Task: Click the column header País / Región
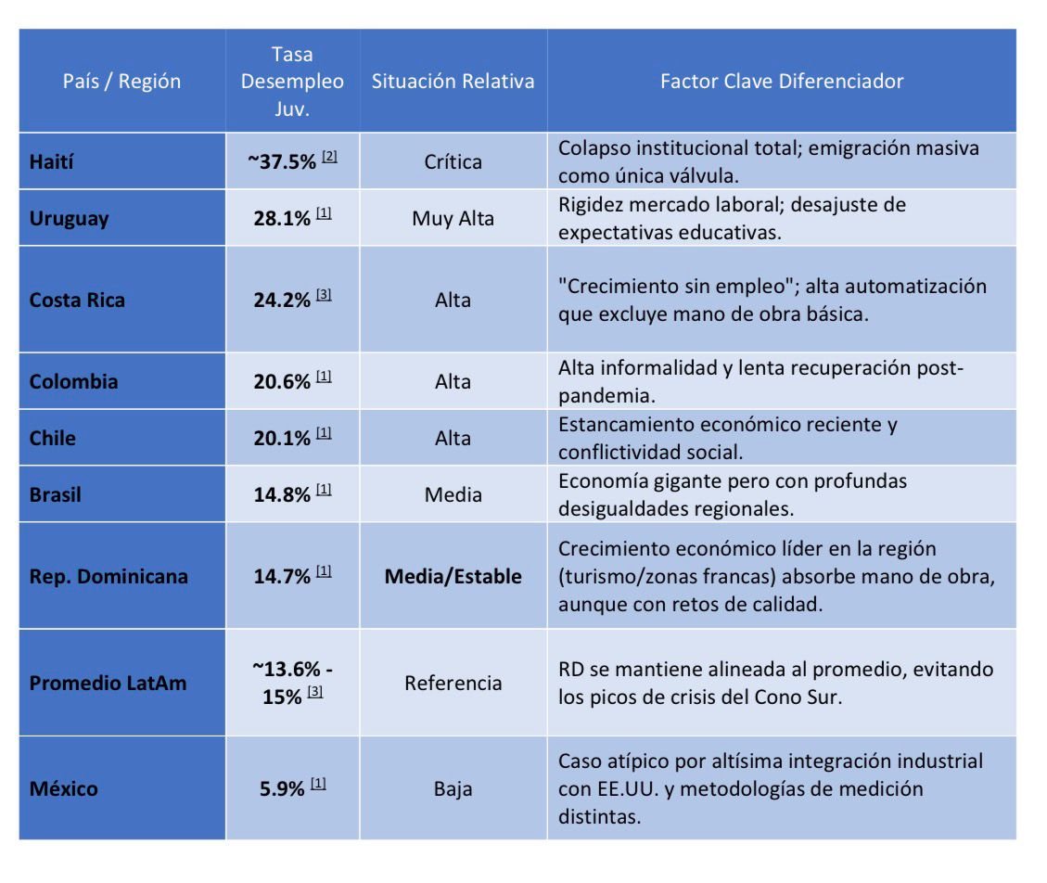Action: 121,82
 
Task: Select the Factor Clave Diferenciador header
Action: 781,82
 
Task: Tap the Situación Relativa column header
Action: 453,82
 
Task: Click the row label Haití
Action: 51,162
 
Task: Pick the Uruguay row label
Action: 69,219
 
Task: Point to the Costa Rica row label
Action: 77,301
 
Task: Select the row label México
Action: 63,789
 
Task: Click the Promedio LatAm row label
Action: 108,684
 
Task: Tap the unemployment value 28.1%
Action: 281,219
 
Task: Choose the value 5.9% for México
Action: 281,789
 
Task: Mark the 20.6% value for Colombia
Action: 281,382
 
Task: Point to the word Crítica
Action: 453,162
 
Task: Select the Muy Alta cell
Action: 453,219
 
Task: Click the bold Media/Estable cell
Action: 453,577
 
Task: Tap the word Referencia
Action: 453,684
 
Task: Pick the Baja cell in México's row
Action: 453,789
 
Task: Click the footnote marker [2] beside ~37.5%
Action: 328,157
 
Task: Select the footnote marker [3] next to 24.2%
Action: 324,295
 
